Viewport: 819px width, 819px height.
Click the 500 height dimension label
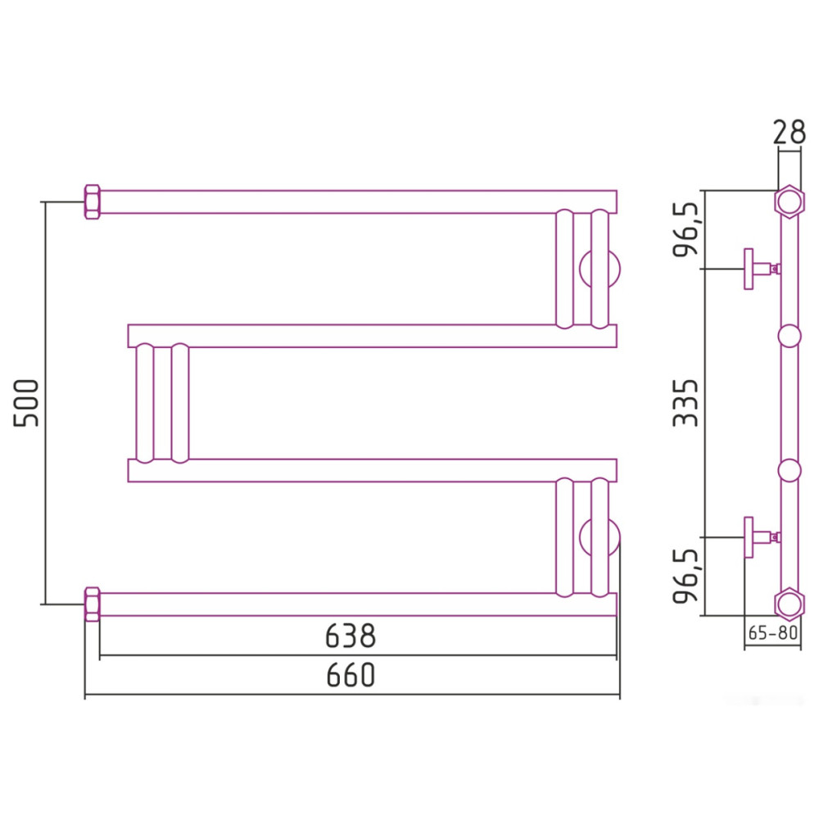coord(26,403)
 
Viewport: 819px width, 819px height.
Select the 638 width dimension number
coord(351,636)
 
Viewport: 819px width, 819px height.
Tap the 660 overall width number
coord(351,675)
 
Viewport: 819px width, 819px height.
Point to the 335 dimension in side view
coord(685,403)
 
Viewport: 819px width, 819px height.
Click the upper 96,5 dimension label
coord(685,229)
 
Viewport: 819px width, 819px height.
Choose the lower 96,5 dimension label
coord(685,576)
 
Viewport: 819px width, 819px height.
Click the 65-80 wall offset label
coord(773,633)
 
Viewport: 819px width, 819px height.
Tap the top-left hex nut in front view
coord(93,201)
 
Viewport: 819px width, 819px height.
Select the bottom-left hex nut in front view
coord(93,604)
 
